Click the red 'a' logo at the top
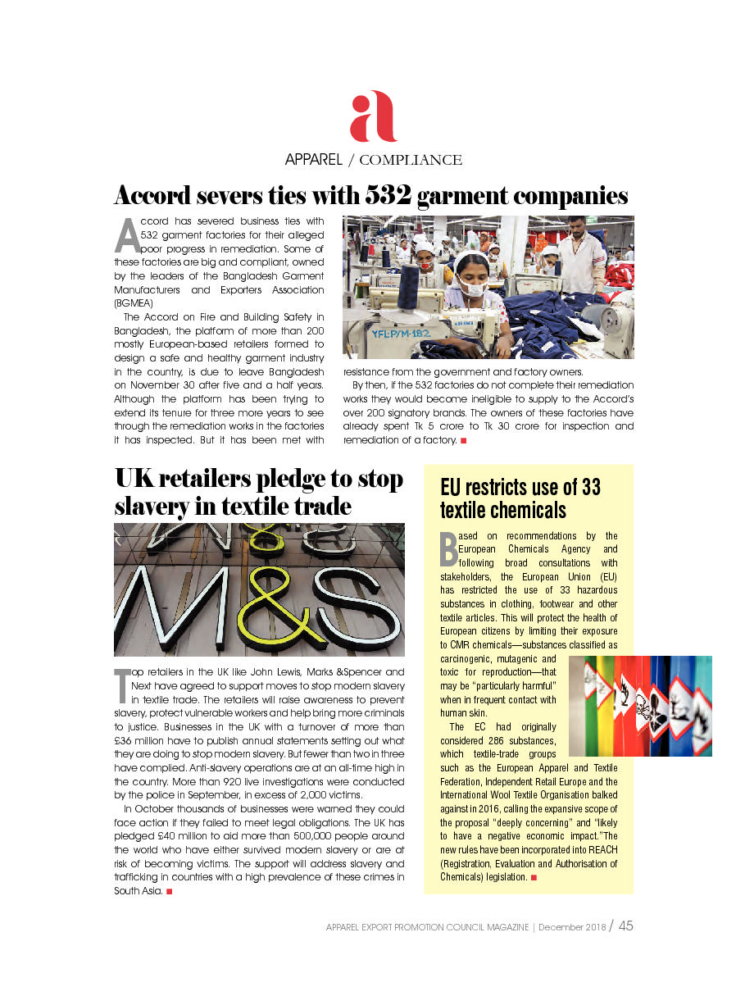[x=373, y=116]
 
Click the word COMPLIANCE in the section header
[x=411, y=160]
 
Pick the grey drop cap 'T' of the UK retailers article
[x=121, y=685]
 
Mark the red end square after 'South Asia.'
[x=169, y=891]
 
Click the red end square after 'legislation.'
[x=534, y=877]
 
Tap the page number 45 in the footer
[x=625, y=926]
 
